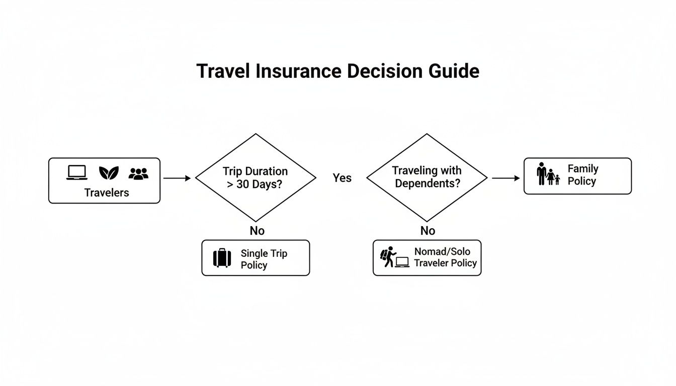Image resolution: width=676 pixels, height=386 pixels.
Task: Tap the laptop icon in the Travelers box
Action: pos(77,173)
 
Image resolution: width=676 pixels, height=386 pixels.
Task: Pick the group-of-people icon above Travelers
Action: pos(138,173)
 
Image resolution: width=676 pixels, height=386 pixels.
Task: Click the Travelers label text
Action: pos(107,192)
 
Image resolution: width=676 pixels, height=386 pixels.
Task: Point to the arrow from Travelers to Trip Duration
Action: pos(177,178)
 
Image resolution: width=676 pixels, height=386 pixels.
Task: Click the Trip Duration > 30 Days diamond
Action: pos(256,177)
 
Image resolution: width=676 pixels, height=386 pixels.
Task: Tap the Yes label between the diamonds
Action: pos(342,178)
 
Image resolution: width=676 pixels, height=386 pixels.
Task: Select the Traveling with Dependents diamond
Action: pos(427,177)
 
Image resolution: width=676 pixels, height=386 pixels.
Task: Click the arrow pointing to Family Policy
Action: pos(505,178)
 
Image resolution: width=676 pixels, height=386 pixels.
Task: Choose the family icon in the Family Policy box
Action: pos(548,174)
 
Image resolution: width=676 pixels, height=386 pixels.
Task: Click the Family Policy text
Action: pos(582,175)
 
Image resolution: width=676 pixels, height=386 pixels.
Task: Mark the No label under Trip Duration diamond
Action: pos(257,231)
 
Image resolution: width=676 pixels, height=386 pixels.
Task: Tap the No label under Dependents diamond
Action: pos(428,231)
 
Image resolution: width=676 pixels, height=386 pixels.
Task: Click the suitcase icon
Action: pos(222,258)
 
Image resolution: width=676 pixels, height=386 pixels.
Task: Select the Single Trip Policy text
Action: pos(264,259)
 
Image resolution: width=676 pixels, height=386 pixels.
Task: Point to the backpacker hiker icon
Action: pos(388,257)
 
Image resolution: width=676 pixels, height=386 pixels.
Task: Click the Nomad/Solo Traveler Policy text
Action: pos(445,257)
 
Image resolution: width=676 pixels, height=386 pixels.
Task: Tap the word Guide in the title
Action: pos(454,71)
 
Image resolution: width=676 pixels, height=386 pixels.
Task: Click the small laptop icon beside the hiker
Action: pos(402,262)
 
